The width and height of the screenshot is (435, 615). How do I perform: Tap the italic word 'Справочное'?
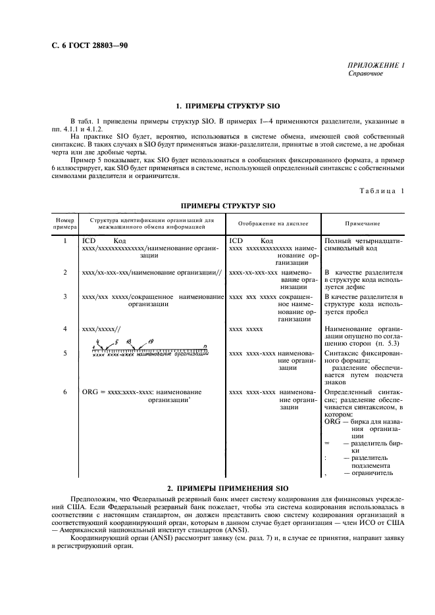point(365,74)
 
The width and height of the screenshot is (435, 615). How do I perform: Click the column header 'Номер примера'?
point(65,224)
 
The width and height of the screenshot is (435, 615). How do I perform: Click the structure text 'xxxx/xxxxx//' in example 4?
point(101,327)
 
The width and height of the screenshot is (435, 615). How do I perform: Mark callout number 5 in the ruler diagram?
point(116,342)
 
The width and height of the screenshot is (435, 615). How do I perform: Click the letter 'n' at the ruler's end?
point(205,344)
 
